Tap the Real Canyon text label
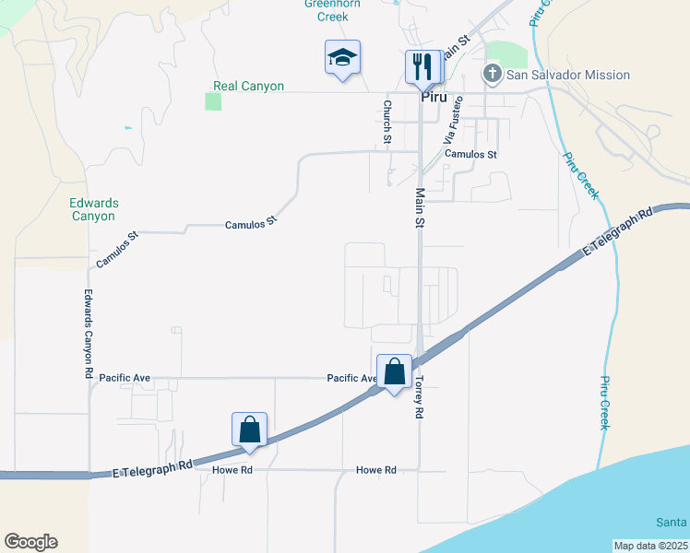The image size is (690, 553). click(248, 86)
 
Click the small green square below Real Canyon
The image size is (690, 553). click(213, 100)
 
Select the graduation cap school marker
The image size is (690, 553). click(342, 58)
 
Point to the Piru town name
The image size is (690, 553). click(434, 96)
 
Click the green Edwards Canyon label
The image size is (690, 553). click(92, 209)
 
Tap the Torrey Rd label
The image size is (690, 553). click(418, 397)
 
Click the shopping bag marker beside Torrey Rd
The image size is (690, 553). click(394, 372)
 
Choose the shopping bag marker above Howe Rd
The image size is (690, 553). click(249, 429)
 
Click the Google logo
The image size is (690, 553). click(30, 542)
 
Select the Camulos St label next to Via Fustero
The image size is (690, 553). click(470, 155)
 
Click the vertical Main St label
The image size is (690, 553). click(420, 208)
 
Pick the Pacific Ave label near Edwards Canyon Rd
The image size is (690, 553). click(125, 378)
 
